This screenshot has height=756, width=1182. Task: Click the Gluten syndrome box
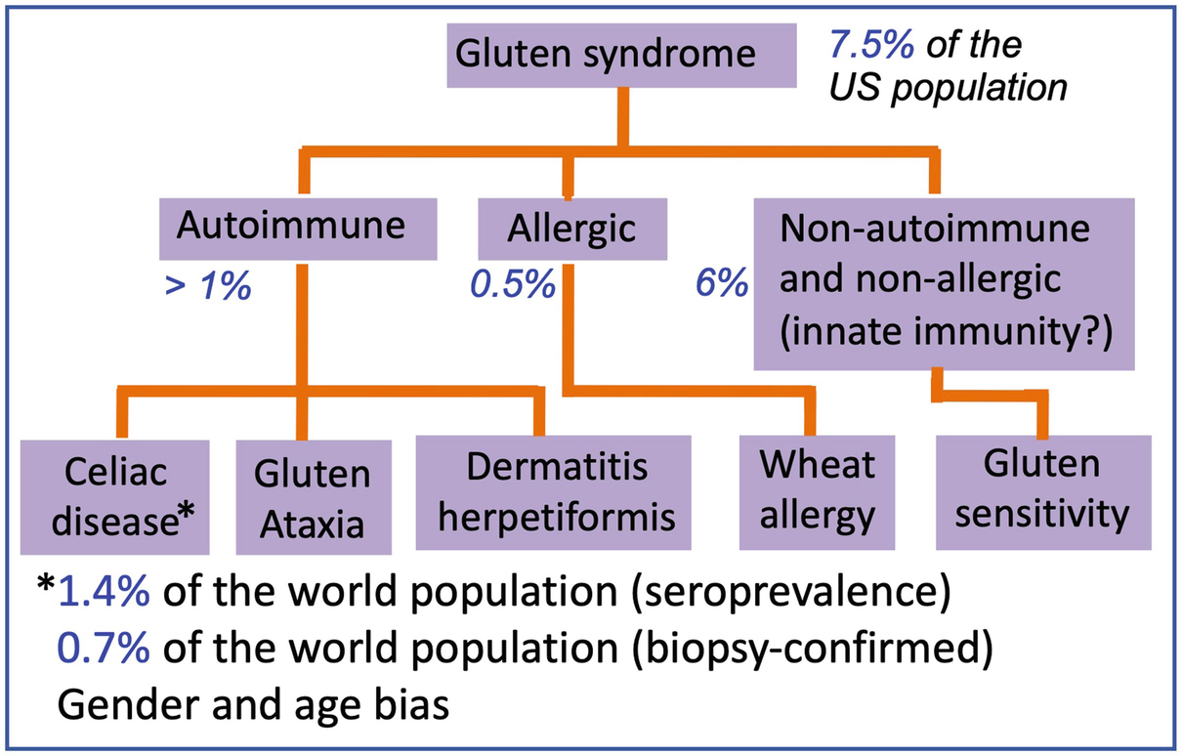(x=621, y=55)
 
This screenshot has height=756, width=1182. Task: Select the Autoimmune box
(x=298, y=229)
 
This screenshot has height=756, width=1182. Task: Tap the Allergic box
(x=572, y=229)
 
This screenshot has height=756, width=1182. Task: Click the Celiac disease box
(x=115, y=497)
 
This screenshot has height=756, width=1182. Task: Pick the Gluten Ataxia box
(x=314, y=497)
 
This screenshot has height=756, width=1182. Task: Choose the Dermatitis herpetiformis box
(x=554, y=492)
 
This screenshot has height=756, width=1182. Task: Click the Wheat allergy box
(x=817, y=492)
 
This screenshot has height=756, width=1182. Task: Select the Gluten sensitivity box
(x=1043, y=492)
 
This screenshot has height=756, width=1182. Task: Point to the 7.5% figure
(x=871, y=45)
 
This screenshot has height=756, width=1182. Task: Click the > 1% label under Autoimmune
(x=208, y=286)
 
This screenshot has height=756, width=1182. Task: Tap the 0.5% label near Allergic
(x=513, y=284)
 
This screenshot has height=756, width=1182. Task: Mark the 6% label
(x=722, y=283)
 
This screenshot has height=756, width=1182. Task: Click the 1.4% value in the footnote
(x=104, y=592)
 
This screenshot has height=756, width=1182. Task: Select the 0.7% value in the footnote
(x=104, y=648)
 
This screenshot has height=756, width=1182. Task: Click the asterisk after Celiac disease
(x=187, y=511)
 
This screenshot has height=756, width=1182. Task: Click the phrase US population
(x=949, y=88)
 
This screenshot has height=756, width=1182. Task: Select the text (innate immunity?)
(x=947, y=332)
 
